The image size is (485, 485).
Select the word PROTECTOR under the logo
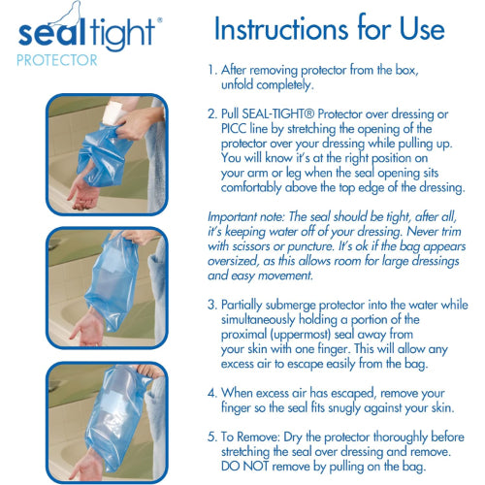pyautogui.click(x=56, y=60)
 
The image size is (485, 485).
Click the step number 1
pyautogui.click(x=211, y=71)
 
